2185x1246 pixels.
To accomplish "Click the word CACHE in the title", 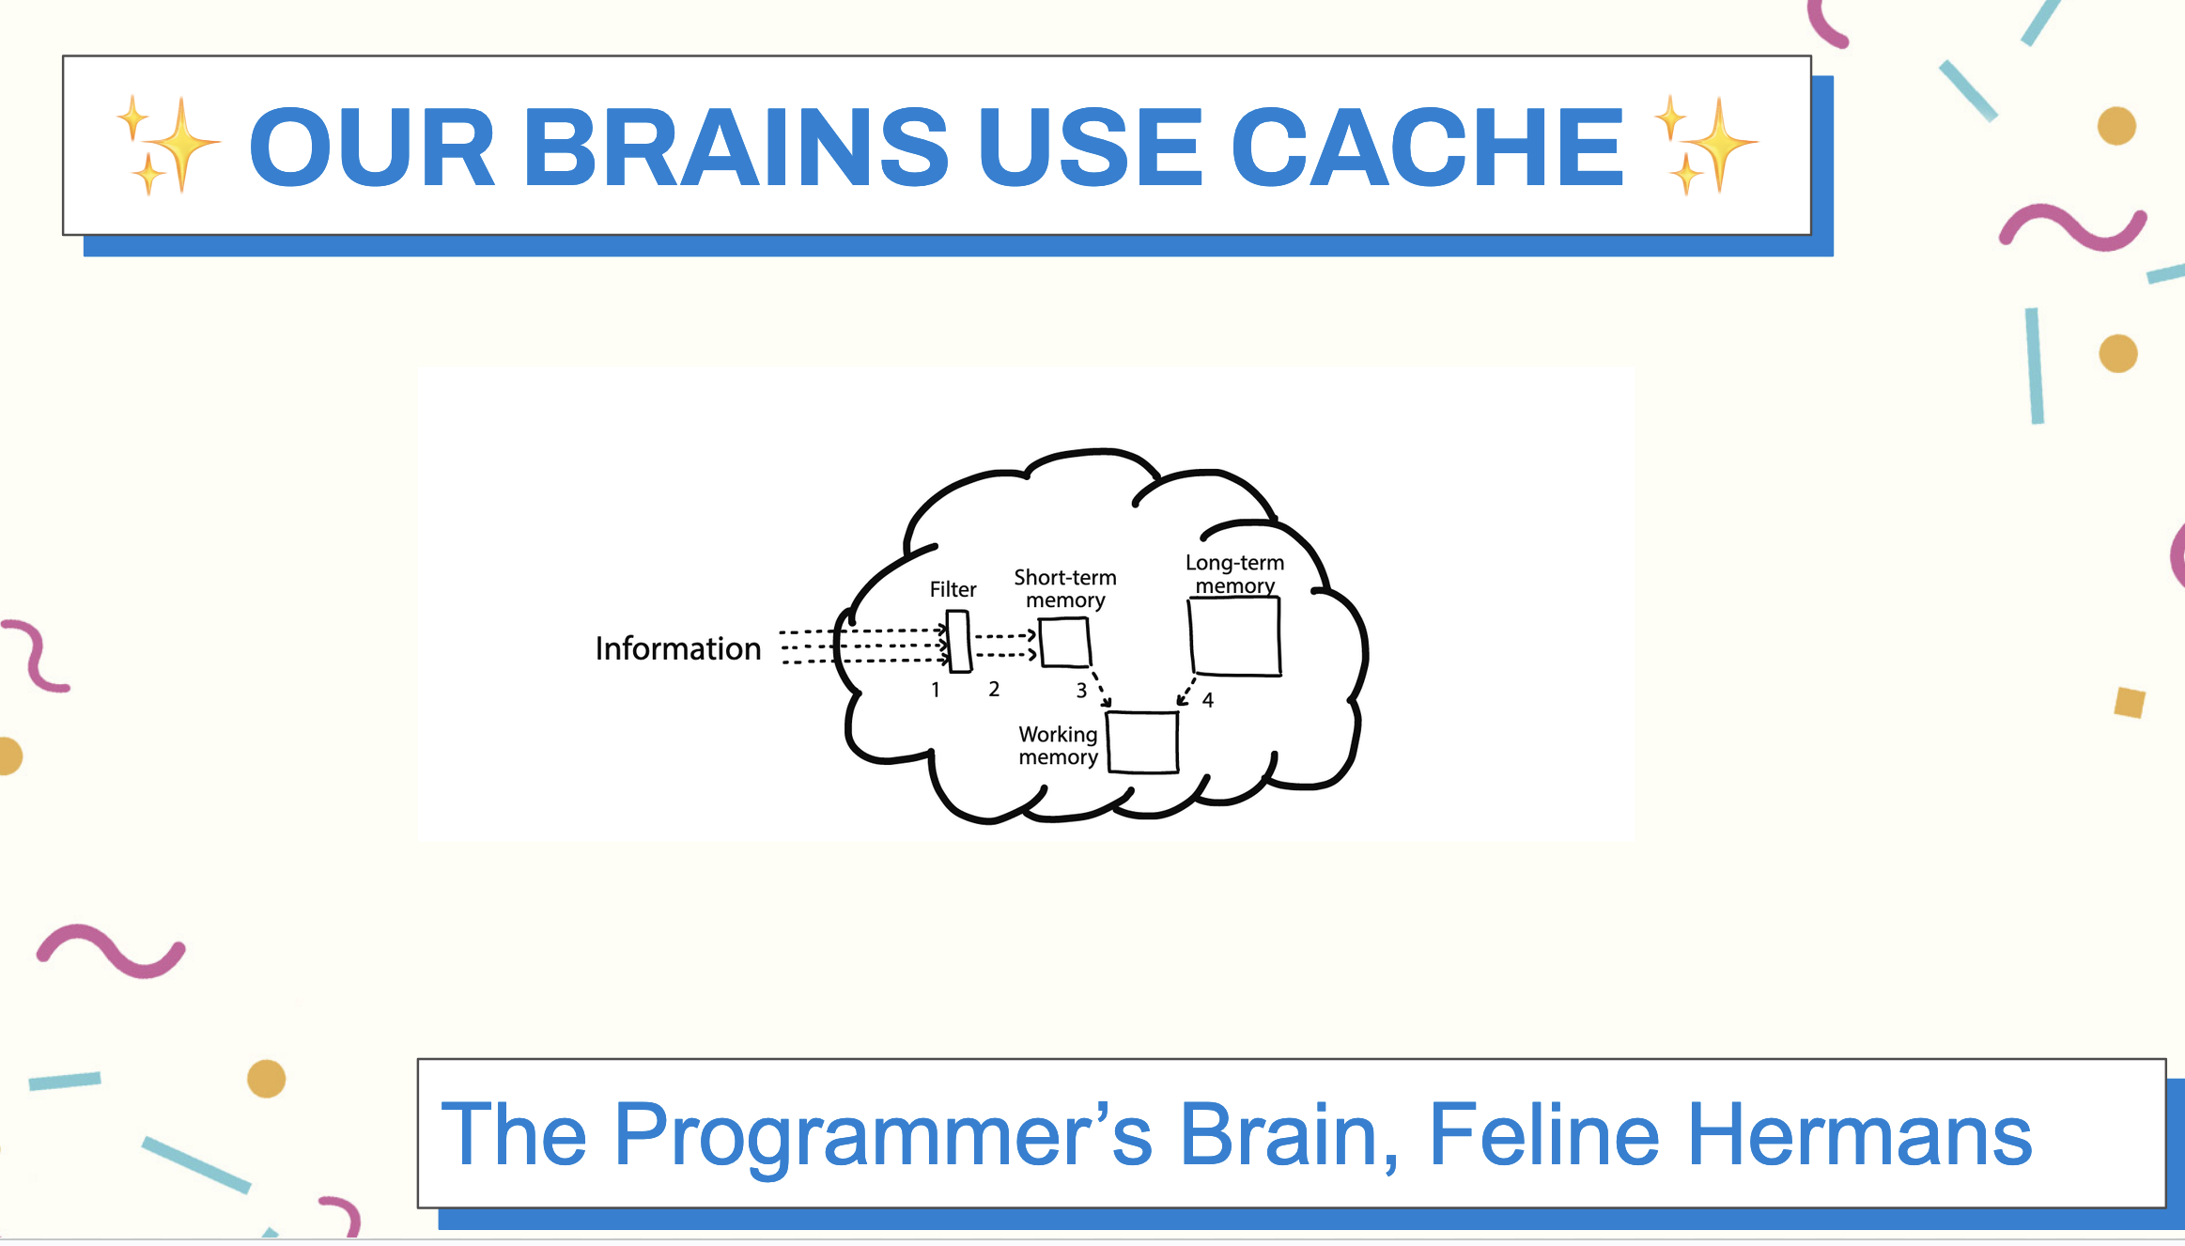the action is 1427,147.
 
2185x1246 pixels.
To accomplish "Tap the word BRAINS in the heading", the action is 736,147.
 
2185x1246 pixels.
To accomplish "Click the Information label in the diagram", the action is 678,648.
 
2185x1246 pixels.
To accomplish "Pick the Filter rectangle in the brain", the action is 958,642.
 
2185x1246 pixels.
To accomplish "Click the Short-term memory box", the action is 1064,642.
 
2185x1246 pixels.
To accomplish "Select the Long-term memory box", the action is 1234,636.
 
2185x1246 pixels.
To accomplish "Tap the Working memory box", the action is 1142,742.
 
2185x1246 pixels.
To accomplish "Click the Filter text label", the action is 953,589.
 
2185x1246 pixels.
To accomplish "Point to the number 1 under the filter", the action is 936,690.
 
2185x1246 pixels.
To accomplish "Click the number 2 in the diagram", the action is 994,689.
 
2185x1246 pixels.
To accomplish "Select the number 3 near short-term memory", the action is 1081,691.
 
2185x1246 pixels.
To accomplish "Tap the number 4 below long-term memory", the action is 1208,700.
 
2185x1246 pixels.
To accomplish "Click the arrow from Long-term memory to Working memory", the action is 1186,691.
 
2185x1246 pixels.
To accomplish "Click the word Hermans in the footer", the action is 1860,1134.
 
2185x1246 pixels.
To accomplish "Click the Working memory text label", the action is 1058,745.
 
